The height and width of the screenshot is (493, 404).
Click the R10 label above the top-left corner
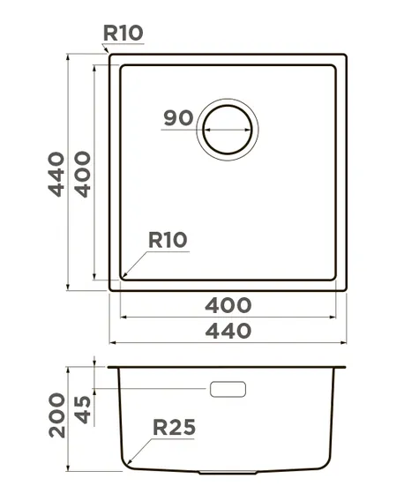pos(123,33)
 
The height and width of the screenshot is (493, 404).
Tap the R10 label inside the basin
pos(168,240)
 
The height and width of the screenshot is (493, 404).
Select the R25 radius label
pos(174,427)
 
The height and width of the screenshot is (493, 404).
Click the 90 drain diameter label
pos(178,118)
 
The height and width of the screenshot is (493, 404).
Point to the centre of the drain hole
pos(228,130)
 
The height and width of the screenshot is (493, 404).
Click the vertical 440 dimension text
pos(56,175)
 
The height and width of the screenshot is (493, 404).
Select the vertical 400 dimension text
pos(83,175)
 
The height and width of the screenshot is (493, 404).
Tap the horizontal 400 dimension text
pos(228,305)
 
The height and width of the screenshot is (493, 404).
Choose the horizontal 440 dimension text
pos(228,331)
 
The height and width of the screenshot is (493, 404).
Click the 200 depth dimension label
pos(57,415)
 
